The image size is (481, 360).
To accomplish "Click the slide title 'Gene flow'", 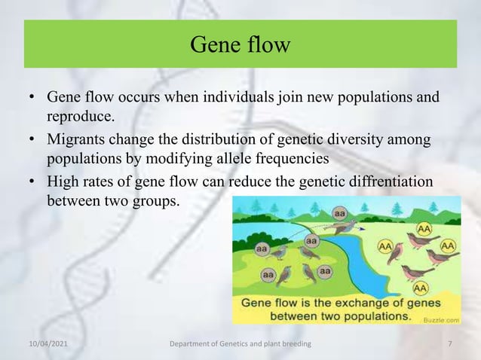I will click(x=240, y=45).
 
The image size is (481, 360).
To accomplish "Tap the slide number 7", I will click(x=449, y=345).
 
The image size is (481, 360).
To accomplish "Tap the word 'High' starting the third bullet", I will click(x=63, y=182).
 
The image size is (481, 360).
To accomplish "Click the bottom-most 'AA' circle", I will click(x=421, y=287).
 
